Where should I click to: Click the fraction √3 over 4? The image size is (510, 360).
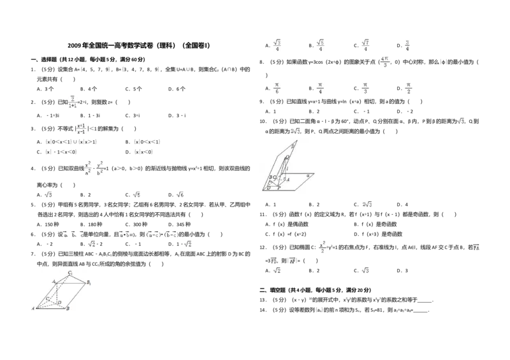277,46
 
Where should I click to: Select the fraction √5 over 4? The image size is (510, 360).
321,46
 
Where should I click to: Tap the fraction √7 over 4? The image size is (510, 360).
365,46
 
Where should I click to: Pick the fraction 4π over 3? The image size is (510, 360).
384,61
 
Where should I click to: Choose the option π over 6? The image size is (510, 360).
277,89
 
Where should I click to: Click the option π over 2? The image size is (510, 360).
408,89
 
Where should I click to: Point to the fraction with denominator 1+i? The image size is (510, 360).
73,102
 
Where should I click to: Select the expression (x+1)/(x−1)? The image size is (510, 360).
82,130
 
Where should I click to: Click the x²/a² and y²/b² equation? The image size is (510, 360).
94,168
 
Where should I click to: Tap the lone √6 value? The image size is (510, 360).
178,194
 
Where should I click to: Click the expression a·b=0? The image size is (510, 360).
127,234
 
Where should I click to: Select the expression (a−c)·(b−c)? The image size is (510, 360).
163,234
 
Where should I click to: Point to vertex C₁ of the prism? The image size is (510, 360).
69,273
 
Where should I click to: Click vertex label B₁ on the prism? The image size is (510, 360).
89,282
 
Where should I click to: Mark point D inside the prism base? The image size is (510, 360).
59,301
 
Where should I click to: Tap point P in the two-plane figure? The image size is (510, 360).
279,189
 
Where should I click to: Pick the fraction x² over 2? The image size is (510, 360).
323,247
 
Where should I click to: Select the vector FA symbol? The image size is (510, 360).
475,247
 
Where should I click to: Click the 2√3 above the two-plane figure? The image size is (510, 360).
295,131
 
